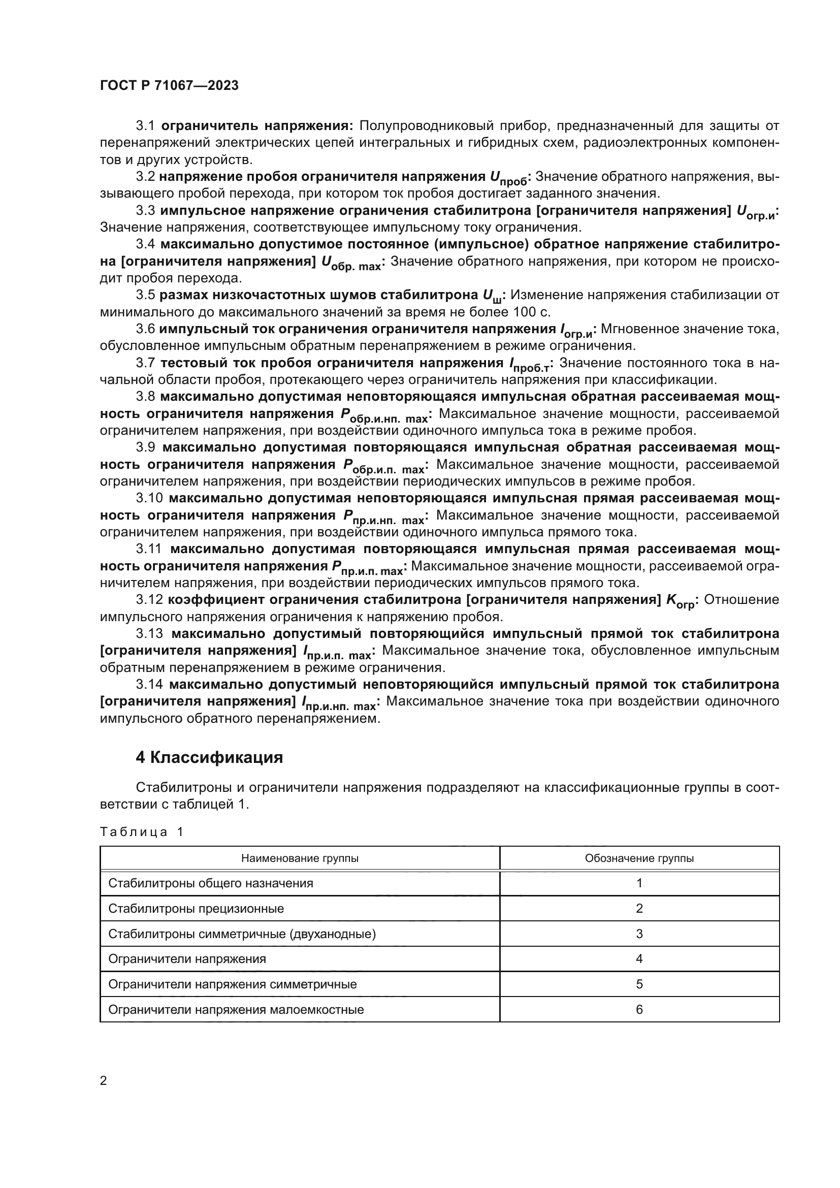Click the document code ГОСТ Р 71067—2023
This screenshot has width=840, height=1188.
click(169, 86)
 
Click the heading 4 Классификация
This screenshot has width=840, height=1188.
click(209, 757)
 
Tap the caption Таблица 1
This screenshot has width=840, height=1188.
click(141, 832)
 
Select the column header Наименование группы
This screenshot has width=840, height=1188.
click(300, 858)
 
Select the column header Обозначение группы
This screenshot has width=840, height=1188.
click(639, 858)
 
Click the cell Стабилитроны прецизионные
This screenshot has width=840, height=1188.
click(196, 909)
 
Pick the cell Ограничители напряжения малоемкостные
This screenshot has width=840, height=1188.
click(236, 1010)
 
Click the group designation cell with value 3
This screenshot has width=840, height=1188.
click(639, 934)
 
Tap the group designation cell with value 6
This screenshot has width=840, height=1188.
click(639, 1010)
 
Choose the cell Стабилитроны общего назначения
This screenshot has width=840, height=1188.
click(211, 883)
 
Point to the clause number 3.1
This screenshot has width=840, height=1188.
click(145, 126)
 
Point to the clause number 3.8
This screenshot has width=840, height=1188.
click(145, 397)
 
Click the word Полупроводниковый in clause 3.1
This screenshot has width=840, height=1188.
click(425, 126)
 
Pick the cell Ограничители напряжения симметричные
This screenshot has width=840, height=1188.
click(232, 984)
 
